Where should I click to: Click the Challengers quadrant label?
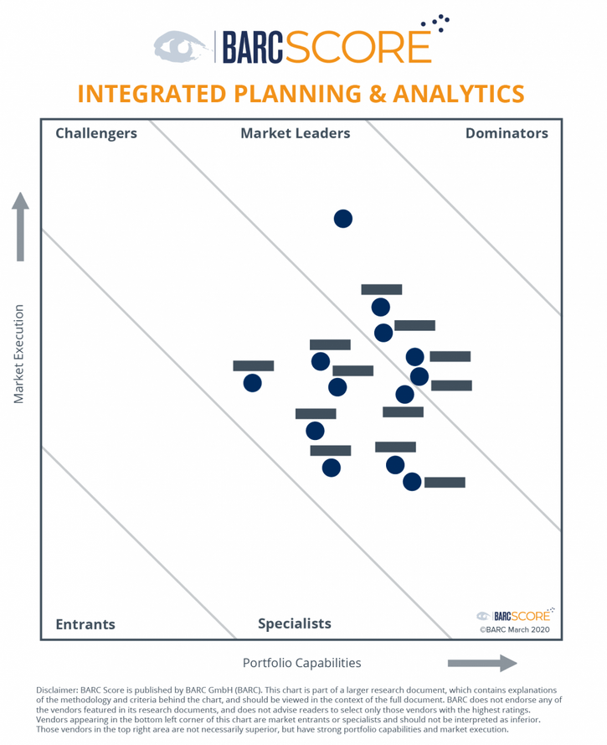click(95, 133)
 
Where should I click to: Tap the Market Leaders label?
click(295, 133)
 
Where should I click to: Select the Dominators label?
click(507, 133)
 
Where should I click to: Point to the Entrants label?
click(85, 624)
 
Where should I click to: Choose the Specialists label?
click(294, 623)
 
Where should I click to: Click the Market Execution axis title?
click(19, 353)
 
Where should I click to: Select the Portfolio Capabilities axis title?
click(301, 663)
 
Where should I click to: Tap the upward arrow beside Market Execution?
click(20, 226)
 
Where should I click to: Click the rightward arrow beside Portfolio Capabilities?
click(481, 664)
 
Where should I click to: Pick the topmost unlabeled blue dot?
click(343, 219)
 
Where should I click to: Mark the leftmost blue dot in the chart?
click(252, 383)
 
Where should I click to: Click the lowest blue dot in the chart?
click(412, 482)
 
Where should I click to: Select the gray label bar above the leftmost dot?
click(253, 365)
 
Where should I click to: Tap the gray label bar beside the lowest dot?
click(445, 483)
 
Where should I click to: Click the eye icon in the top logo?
click(181, 48)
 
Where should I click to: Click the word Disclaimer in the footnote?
click(56, 690)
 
